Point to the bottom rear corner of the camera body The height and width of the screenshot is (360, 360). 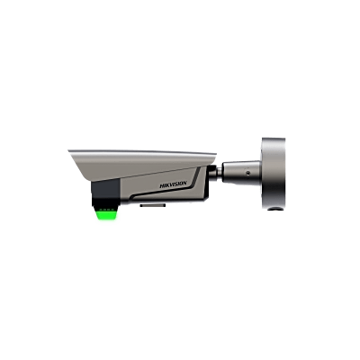(x=205, y=197)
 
